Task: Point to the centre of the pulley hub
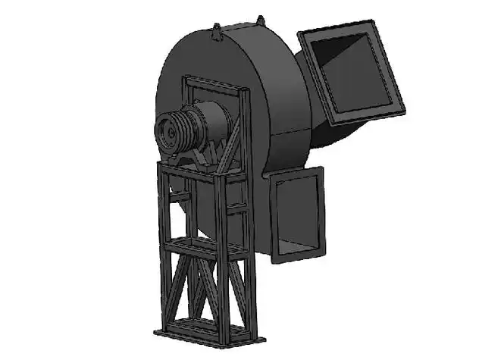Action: pyautogui.click(x=169, y=130)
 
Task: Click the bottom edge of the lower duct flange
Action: pyautogui.click(x=299, y=256)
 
